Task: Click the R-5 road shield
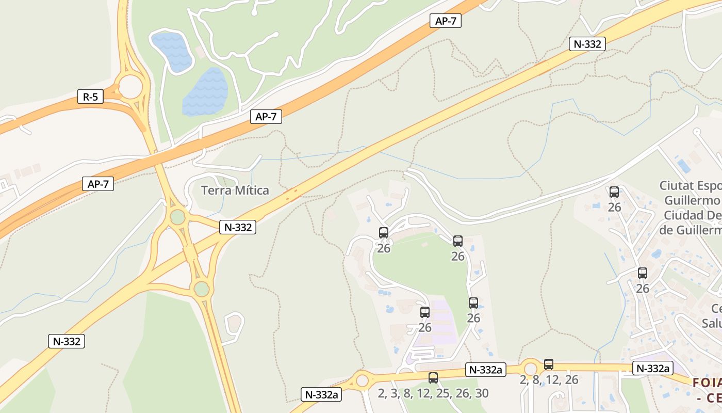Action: pos(90,97)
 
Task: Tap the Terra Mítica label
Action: pos(235,190)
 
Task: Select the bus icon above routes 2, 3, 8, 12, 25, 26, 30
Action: pos(433,378)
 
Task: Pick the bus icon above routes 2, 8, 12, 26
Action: pos(549,364)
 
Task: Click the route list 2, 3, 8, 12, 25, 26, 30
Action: pos(433,393)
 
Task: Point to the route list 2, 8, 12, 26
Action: pos(549,380)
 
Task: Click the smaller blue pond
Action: pos(172,51)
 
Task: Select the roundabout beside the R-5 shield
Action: pos(130,87)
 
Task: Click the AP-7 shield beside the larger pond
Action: pos(266,117)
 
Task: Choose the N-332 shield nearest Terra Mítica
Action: pos(238,227)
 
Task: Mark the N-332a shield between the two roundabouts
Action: pos(485,370)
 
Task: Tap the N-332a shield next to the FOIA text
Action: pos(653,368)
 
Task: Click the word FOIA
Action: pos(707,383)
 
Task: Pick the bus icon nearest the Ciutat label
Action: pos(614,192)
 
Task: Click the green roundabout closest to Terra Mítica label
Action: pos(178,217)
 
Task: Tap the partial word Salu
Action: pos(712,323)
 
